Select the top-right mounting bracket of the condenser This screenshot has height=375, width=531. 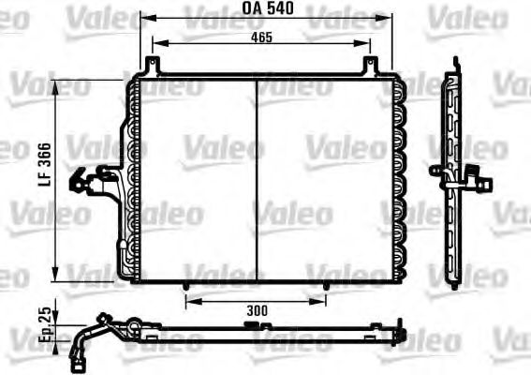(x=371, y=66)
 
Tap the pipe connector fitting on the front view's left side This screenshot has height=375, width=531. (x=94, y=179)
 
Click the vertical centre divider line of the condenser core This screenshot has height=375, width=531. (x=256, y=178)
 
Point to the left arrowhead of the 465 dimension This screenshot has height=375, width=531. (x=155, y=43)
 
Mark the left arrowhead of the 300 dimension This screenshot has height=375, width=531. (x=189, y=302)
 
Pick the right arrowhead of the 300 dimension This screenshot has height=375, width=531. (x=323, y=302)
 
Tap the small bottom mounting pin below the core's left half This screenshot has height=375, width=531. (x=187, y=286)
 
